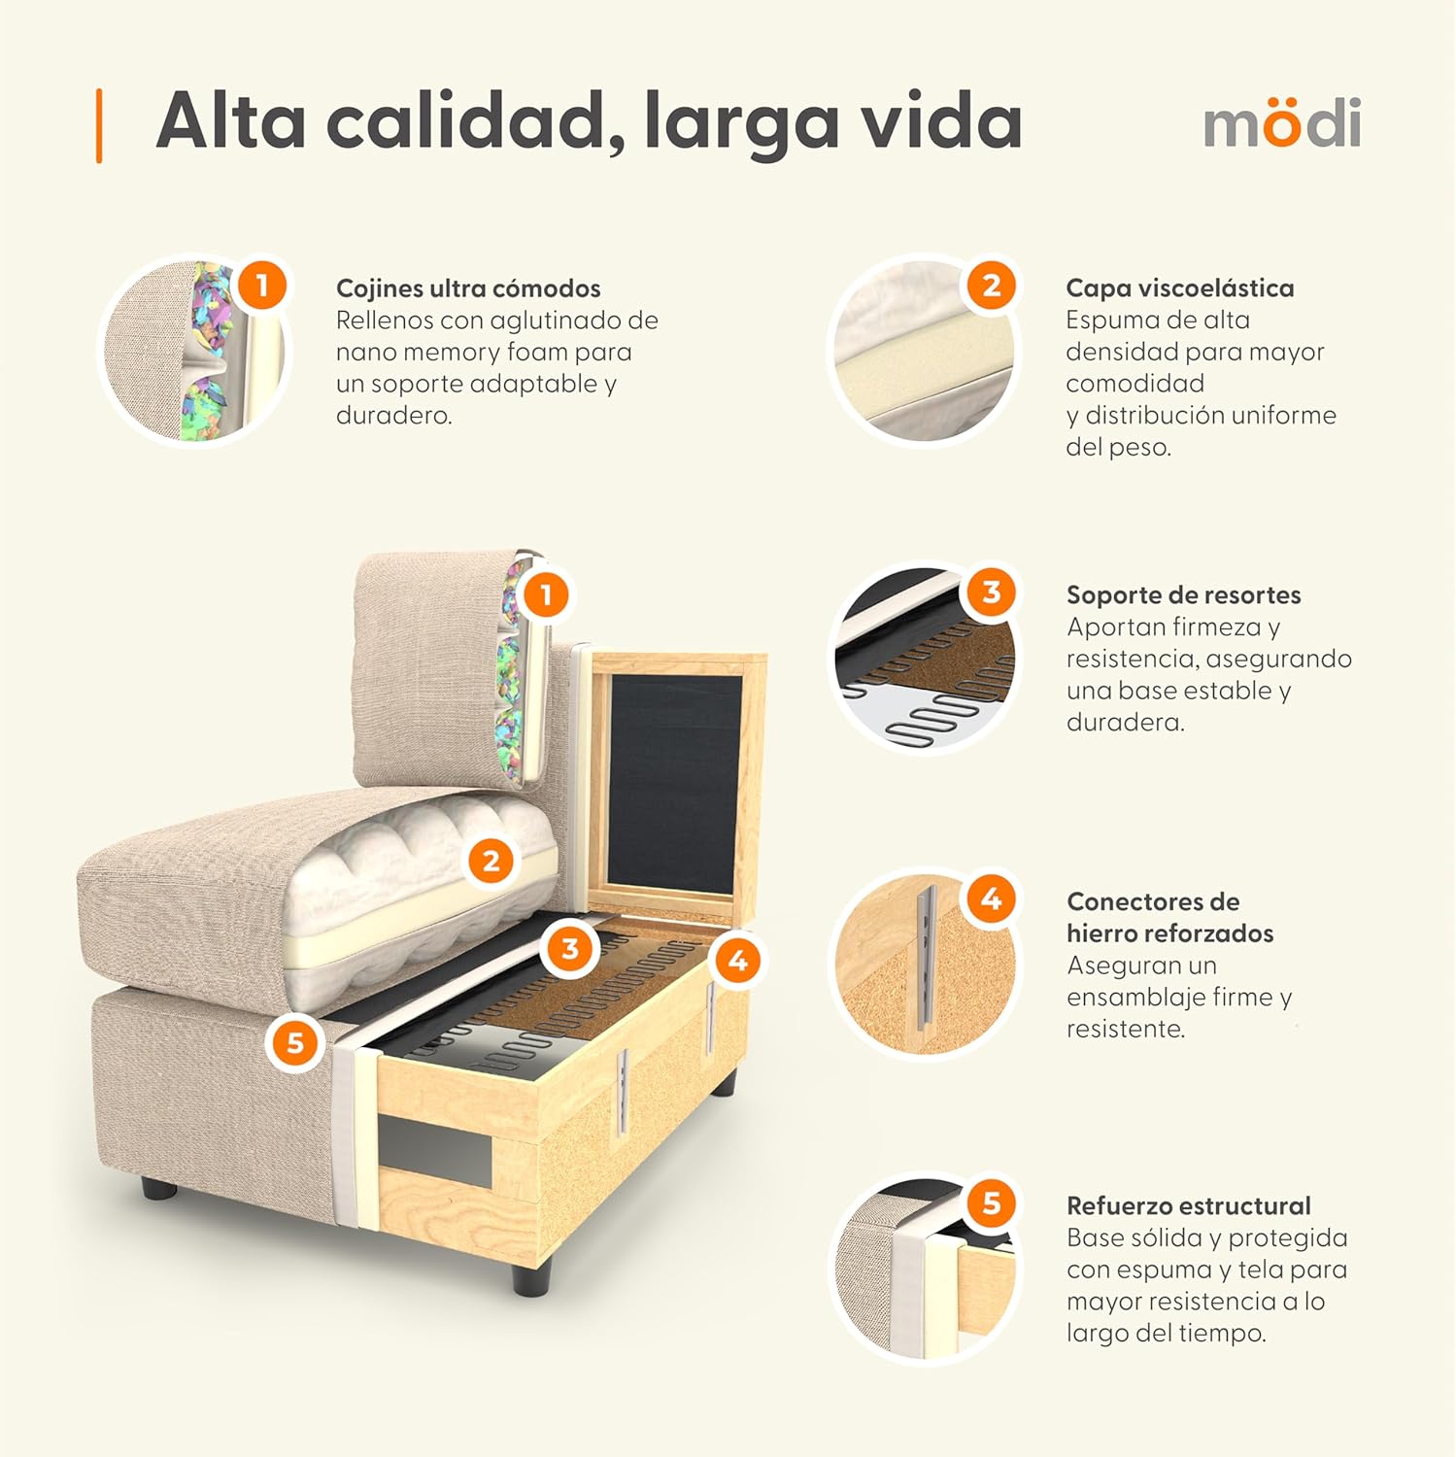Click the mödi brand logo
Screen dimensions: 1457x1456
tap(1281, 123)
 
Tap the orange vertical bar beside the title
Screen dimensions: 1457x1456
tap(99, 125)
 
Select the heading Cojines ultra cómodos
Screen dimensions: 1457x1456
tap(468, 288)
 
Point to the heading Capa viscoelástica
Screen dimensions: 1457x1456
tap(1179, 288)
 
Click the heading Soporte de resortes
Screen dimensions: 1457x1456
tap(1183, 595)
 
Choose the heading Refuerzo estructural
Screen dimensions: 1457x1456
tap(1188, 1206)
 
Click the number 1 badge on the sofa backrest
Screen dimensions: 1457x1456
tap(546, 594)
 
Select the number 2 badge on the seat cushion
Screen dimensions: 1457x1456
tap(491, 861)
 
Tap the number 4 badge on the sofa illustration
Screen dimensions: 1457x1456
tap(738, 960)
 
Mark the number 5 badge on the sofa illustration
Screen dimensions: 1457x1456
tap(295, 1042)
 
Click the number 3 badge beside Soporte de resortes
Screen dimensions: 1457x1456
tap(991, 592)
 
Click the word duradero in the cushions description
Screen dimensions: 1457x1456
tap(392, 416)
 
